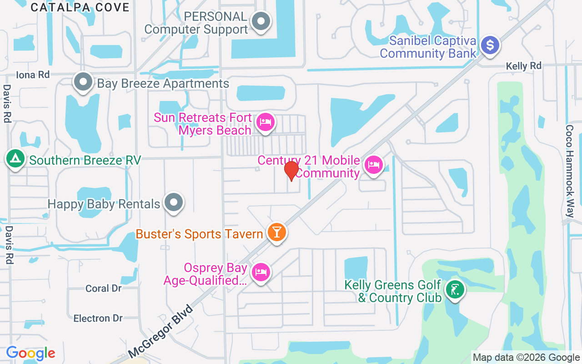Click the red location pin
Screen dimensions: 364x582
(291, 171)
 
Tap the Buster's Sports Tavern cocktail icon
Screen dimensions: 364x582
(276, 233)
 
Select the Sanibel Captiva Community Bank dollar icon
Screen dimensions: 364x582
(490, 45)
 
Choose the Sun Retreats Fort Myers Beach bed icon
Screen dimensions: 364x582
(265, 122)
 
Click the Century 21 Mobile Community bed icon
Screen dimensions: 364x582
(374, 164)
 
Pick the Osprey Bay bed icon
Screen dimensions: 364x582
(261, 272)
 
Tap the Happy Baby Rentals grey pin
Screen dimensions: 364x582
(173, 202)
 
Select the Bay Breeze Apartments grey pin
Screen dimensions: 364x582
(83, 82)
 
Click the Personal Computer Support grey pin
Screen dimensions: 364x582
(261, 21)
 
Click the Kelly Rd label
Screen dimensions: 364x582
(524, 66)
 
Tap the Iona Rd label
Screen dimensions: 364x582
(32, 75)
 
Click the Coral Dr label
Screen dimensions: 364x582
(104, 288)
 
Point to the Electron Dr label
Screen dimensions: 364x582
(98, 318)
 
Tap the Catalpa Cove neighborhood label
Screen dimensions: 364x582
(80, 7)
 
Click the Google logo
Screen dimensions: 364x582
(30, 353)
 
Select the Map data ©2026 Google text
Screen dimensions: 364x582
(526, 358)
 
